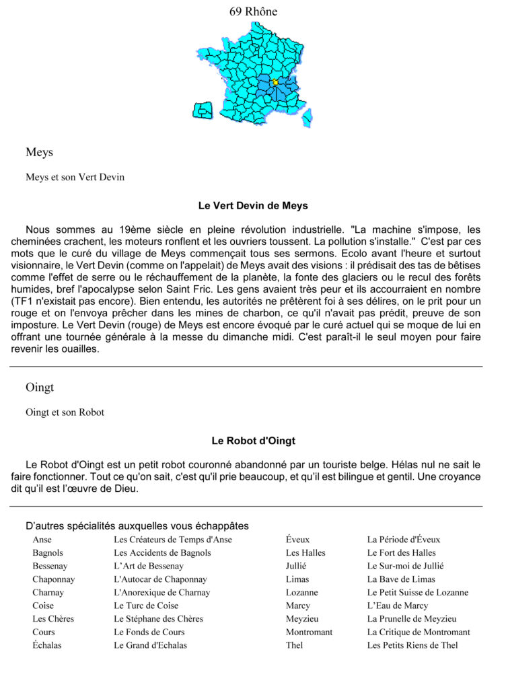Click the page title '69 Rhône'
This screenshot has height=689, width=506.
(253, 11)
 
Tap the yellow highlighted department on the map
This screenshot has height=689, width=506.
(275, 82)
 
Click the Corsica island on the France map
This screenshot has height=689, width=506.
(307, 118)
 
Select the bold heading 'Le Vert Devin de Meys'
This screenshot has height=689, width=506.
(253, 205)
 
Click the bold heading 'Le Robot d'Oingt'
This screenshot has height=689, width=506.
(253, 441)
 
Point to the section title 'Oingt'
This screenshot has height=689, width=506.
(40, 388)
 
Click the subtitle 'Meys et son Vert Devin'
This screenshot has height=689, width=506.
(75, 178)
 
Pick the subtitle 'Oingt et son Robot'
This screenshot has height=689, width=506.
(65, 412)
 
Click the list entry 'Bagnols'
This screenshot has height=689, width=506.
(48, 552)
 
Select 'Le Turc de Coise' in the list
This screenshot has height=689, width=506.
(146, 606)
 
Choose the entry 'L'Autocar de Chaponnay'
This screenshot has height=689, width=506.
(160, 579)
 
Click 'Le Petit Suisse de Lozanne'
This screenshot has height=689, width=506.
(417, 593)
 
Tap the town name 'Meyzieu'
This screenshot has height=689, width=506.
(302, 619)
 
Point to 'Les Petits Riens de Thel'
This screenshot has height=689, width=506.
(412, 645)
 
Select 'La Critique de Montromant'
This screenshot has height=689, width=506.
(418, 632)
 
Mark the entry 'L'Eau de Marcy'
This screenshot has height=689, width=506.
(397, 606)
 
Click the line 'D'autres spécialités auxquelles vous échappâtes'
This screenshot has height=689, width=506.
(137, 525)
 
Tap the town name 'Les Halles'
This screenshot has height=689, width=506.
(305, 552)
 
